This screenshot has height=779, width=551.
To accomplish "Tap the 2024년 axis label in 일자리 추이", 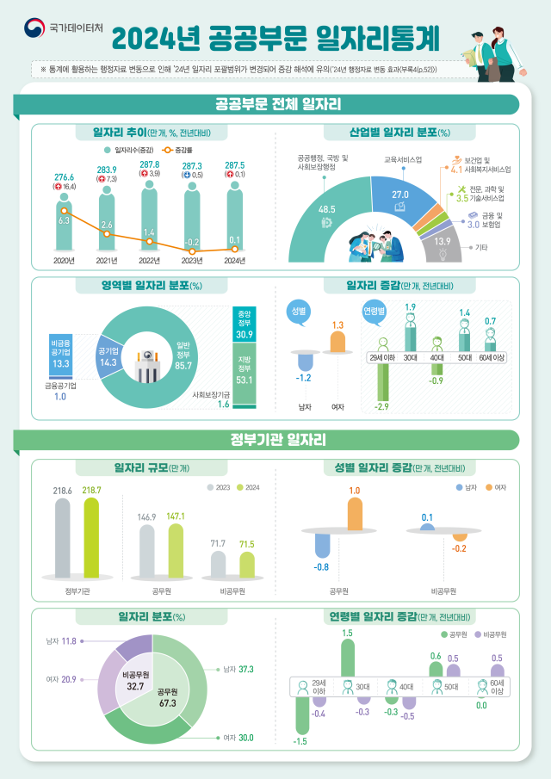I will tap(234, 260).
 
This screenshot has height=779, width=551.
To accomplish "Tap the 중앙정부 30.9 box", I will tap(244, 324).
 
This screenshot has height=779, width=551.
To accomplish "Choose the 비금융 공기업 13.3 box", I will tap(61, 355).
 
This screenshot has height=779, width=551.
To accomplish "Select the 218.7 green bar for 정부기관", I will tap(91, 538).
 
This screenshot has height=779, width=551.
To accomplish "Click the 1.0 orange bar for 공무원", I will tap(354, 512).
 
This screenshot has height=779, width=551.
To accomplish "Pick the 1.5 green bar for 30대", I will tap(348, 658).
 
